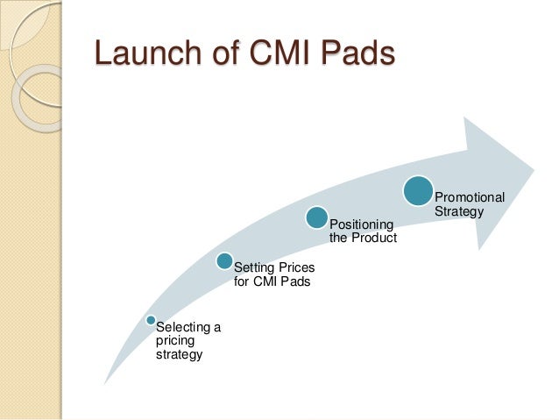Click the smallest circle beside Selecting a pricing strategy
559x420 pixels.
coord(152,320)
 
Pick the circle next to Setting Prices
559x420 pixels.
coord(224,260)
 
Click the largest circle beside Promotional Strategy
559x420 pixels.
coord(419,190)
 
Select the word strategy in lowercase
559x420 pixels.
coord(179,354)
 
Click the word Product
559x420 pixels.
coord(375,238)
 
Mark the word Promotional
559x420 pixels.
coord(470,197)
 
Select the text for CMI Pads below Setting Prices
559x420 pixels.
coord(272,281)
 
